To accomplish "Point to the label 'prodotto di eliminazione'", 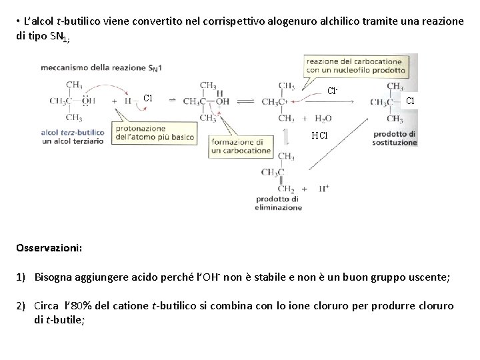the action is pos(278,203).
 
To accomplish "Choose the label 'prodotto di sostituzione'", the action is pos(395,138).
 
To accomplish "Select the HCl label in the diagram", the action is pos(320,136).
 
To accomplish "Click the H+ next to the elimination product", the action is pos(323,189).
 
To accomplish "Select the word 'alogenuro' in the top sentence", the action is pos(291,21).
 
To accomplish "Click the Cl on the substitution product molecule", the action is pos(410,101).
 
